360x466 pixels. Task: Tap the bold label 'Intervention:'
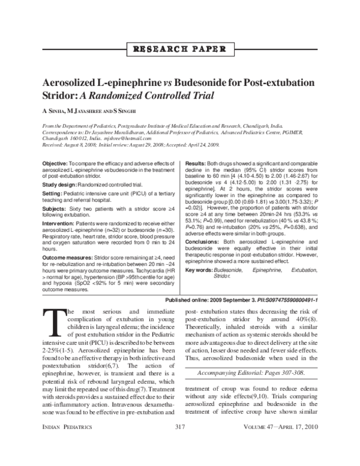(x=59, y=228)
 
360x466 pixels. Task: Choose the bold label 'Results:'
(x=196, y=163)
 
